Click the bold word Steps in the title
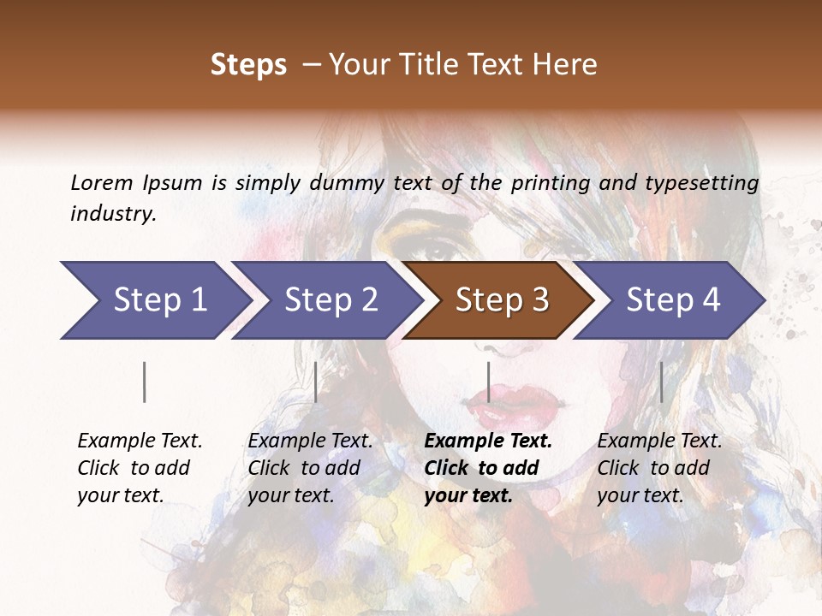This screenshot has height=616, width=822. pos(248,65)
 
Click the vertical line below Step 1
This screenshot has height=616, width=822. pos(145,382)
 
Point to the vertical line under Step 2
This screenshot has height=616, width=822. pos(316,382)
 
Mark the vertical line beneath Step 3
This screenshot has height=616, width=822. pos(488,382)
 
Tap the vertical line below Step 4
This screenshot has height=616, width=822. pos(661,382)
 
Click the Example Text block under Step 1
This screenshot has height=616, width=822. pos(140,468)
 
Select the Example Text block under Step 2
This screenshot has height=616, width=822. pos(310,468)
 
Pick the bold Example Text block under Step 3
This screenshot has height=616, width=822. pos(488,468)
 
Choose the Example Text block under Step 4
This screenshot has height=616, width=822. pos(659,468)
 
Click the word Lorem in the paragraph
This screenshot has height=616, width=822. pos(102,182)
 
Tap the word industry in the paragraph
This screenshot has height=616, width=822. pos(112,214)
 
